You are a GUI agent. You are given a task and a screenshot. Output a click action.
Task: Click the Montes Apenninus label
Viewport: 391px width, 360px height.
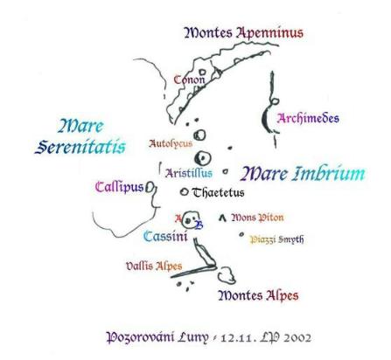pyautogui.click(x=244, y=33)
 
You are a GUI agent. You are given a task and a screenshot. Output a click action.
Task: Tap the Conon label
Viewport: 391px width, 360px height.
pyautogui.click(x=189, y=80)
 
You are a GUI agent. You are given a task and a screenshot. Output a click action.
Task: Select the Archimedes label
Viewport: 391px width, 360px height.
pyautogui.click(x=308, y=118)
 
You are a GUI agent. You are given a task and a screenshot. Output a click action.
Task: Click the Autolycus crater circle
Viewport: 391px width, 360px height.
pyautogui.click(x=200, y=135)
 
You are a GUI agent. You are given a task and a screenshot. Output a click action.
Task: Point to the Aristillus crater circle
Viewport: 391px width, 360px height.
pyautogui.click(x=203, y=158)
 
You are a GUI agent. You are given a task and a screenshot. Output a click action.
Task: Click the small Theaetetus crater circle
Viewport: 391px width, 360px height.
pyautogui.click(x=184, y=192)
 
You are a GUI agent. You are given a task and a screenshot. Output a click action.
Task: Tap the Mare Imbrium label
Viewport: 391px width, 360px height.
pyautogui.click(x=303, y=174)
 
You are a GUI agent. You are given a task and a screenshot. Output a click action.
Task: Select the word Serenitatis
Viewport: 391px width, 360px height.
pyautogui.click(x=80, y=147)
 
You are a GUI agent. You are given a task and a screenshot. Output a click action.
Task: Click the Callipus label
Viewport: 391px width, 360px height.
pyautogui.click(x=120, y=187)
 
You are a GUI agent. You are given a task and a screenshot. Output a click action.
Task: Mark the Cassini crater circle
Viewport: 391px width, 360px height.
pyautogui.click(x=190, y=220)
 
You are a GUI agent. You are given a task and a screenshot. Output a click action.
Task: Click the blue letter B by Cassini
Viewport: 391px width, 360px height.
pyautogui.click(x=199, y=225)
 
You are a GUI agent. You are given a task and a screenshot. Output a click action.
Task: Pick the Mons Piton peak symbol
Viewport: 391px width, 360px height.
pyautogui.click(x=223, y=218)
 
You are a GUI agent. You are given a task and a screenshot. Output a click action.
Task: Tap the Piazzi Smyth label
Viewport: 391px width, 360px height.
pyautogui.click(x=276, y=239)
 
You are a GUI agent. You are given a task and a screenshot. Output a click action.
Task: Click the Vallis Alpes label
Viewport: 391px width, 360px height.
pyautogui.click(x=154, y=266)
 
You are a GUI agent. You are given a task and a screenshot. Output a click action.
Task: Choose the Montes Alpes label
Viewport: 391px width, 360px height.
pyautogui.click(x=258, y=295)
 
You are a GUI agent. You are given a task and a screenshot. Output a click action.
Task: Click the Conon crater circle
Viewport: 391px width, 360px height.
pyautogui.click(x=202, y=72)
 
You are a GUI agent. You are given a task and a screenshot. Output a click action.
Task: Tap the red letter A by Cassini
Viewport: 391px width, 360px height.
pyautogui.click(x=178, y=218)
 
